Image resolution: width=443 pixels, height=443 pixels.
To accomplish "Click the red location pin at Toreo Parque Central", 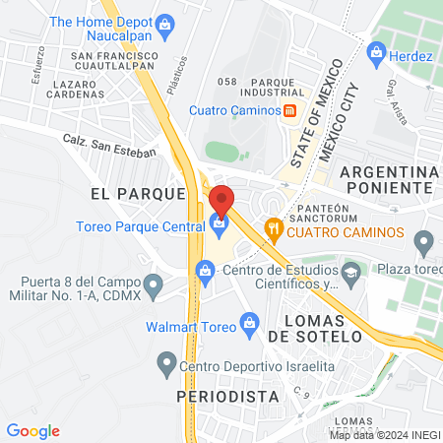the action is [222, 198].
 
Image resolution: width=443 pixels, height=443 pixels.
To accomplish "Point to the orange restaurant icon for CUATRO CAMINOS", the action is [275, 231].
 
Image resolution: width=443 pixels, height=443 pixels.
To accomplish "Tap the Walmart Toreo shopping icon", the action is [250, 322].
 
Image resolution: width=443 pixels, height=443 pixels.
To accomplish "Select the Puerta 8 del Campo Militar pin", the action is [153, 286].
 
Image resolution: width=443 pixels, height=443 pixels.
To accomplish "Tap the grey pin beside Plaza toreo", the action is [424, 240].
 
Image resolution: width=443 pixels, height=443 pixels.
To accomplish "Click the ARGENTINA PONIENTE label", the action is [387, 179].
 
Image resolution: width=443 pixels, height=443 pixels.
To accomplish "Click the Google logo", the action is [32, 430].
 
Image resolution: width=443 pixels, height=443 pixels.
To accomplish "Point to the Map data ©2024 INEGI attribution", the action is [384, 434].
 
